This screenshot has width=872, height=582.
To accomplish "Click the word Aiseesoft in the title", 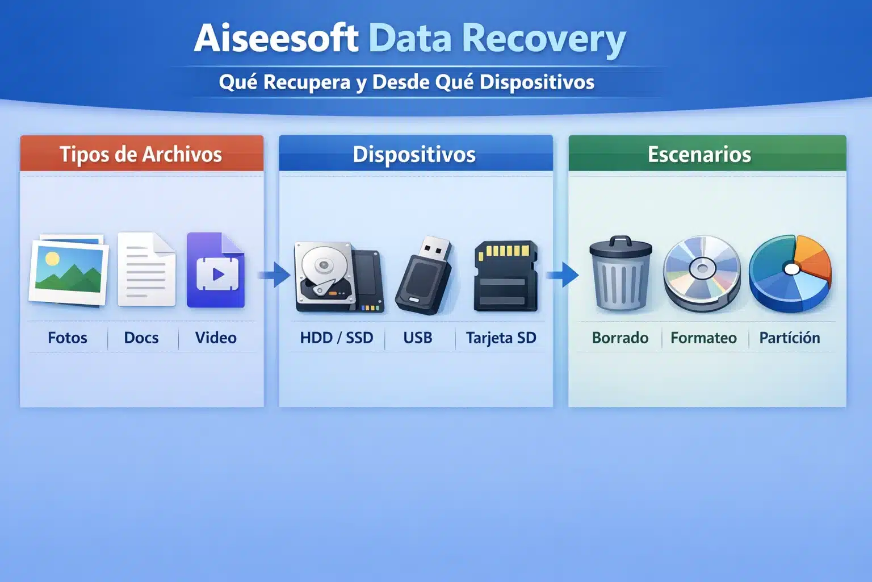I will click(x=276, y=39).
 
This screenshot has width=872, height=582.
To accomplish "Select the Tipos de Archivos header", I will click(x=141, y=154).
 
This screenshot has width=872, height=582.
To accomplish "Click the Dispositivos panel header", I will click(x=414, y=154).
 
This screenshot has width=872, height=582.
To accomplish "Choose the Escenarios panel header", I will click(x=699, y=154).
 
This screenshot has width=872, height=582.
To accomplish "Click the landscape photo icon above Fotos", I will click(x=69, y=270).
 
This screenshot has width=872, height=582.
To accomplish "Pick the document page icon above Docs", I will click(x=146, y=269).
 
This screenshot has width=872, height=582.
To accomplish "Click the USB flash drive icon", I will click(x=425, y=276).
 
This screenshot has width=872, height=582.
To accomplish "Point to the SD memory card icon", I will click(x=505, y=276).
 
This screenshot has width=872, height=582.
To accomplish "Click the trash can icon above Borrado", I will click(x=621, y=273).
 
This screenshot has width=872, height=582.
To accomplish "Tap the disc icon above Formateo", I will click(x=702, y=273).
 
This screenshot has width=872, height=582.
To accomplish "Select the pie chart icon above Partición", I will click(x=790, y=273).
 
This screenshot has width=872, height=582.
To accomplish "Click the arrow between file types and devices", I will click(x=275, y=275).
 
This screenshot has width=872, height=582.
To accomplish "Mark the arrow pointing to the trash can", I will click(x=563, y=275).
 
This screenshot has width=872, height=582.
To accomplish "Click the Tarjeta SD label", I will click(x=501, y=338).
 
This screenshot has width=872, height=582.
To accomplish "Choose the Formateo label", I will click(x=703, y=338).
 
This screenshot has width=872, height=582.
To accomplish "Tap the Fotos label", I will click(x=68, y=338).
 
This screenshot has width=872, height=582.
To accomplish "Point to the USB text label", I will click(x=418, y=338).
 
